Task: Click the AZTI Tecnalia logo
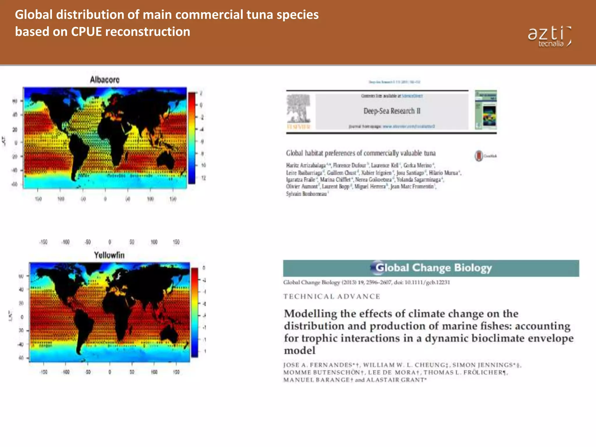tap(549, 37)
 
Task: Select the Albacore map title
tap(104, 80)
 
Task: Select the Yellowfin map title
tap(109, 255)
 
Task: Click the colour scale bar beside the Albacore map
tap(192, 137)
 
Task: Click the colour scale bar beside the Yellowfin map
tap(194, 312)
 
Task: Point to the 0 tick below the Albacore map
tap(105, 199)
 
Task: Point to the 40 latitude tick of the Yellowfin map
tap(21, 290)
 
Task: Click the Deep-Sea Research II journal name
tap(392, 111)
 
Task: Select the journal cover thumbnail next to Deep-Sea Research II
tap(486, 110)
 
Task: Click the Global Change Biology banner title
tap(433, 268)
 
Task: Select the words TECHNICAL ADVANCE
tap(332, 297)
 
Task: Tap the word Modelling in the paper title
tap(310, 314)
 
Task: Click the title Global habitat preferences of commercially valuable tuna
tap(361, 153)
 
